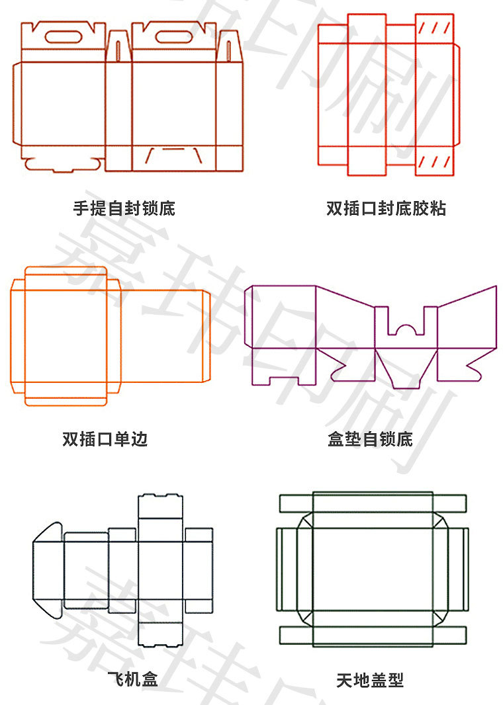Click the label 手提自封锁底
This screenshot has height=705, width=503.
(124, 209)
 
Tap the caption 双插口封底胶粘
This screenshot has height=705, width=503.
(386, 209)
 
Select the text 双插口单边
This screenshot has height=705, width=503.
(105, 439)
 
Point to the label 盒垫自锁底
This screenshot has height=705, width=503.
(370, 439)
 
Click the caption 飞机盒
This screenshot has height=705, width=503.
(132, 679)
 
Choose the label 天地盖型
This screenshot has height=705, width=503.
(370, 680)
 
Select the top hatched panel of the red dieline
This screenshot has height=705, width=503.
(434, 28)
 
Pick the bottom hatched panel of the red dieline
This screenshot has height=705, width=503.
(434, 161)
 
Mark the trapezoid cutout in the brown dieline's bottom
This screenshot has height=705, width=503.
(173, 157)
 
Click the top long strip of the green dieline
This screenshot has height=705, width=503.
(373, 503)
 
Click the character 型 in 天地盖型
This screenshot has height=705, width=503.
(396, 680)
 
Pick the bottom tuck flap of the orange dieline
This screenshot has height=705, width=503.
(66, 397)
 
